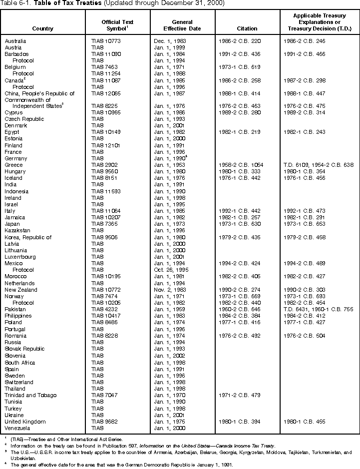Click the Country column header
coord(42,28)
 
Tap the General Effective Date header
coord(182,25)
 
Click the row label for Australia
coord(15,40)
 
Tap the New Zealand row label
coord(21,290)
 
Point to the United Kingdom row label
coord(25,422)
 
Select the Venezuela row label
coord(18,428)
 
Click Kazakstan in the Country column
coord(18,230)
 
